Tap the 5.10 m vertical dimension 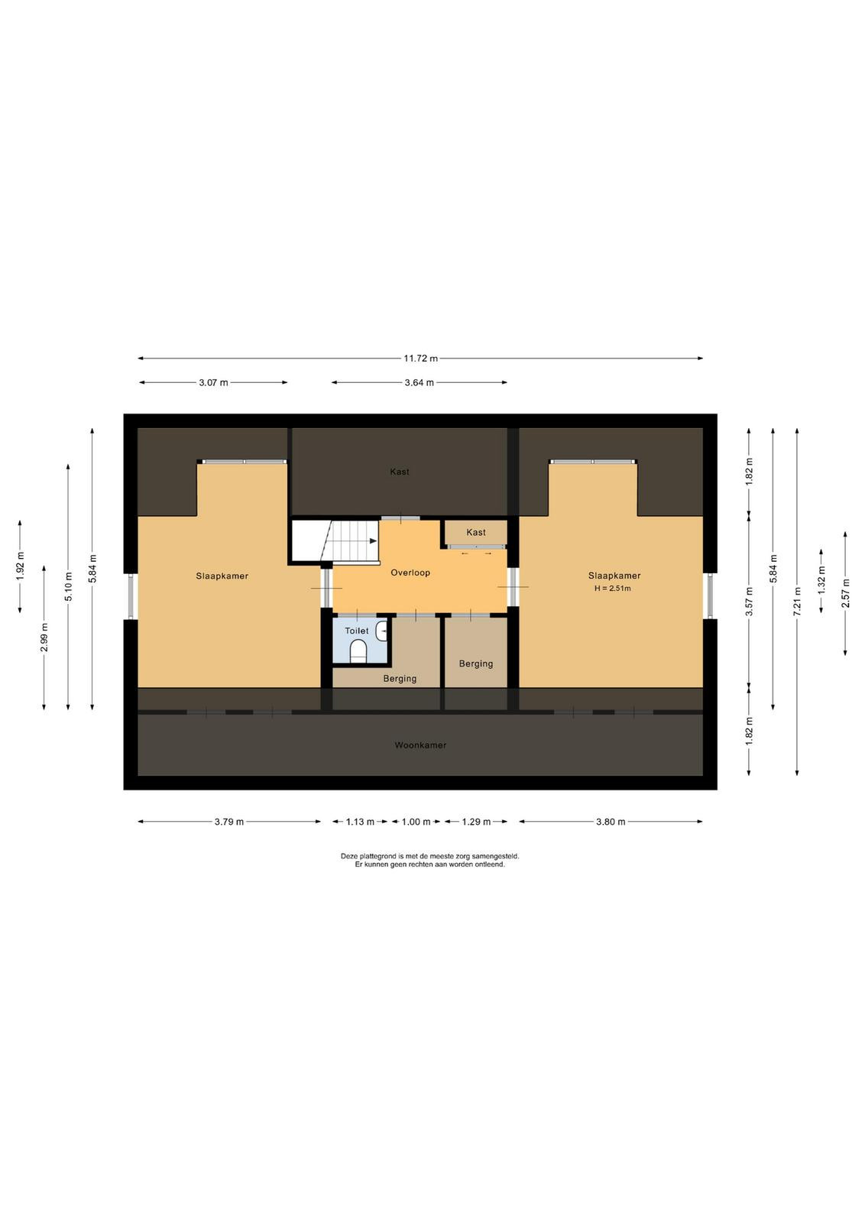click(68, 587)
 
